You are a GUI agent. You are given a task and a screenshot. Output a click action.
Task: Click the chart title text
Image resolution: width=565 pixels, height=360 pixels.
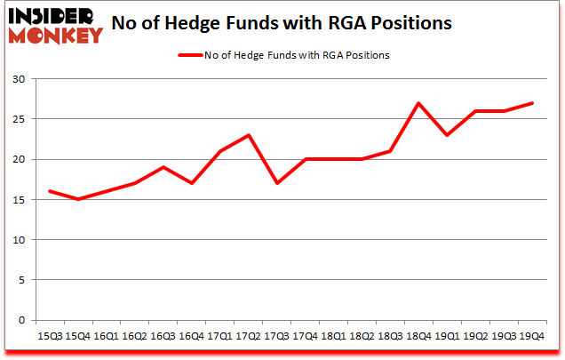(x=297, y=22)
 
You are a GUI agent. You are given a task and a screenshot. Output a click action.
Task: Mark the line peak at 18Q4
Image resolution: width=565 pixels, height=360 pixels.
(x=418, y=103)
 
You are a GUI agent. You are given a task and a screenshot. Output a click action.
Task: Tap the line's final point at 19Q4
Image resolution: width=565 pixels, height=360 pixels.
(x=531, y=103)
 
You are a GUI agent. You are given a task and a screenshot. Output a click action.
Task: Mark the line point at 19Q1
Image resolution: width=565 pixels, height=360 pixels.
(x=447, y=135)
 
